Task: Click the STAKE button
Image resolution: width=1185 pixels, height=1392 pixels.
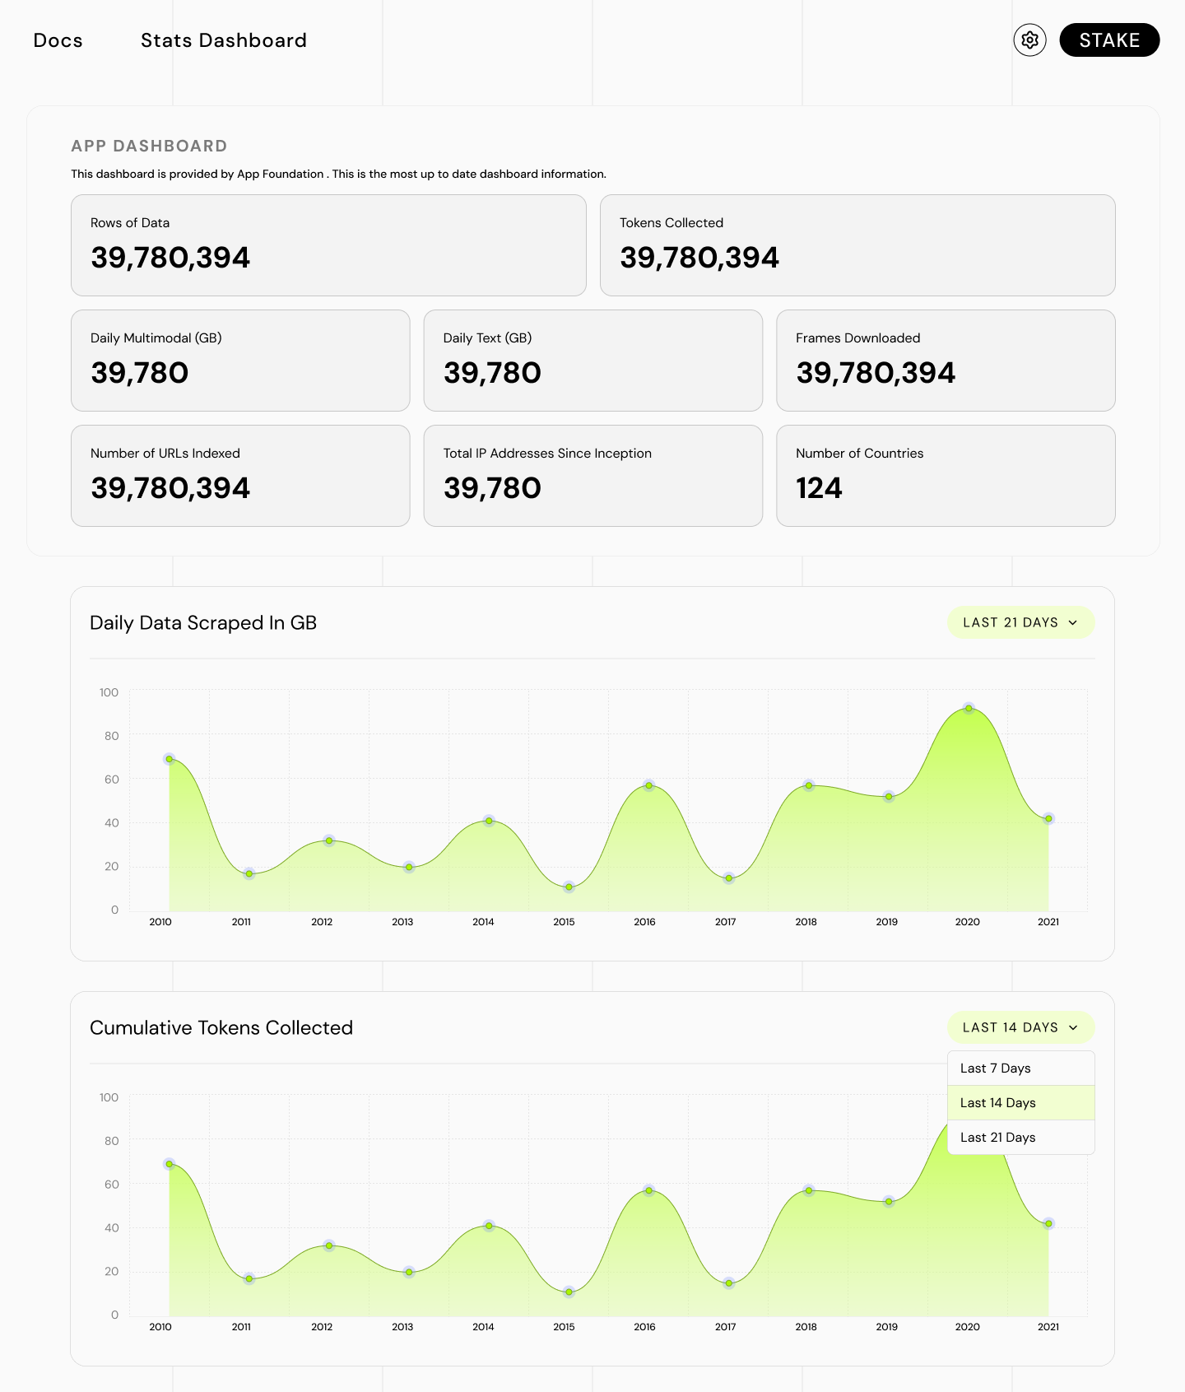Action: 1108,40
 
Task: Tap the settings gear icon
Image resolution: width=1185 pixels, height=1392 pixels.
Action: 1029,40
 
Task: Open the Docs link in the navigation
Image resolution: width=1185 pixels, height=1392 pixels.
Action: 58,40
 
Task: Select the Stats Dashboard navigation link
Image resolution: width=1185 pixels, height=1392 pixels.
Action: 223,40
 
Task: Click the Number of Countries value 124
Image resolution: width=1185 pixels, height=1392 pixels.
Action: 819,488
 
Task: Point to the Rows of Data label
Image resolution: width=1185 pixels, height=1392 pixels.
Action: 130,223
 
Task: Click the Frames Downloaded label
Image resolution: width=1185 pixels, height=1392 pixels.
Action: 857,338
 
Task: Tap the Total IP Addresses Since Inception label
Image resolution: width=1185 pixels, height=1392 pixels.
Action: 547,454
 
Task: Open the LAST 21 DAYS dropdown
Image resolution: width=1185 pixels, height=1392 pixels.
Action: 1020,622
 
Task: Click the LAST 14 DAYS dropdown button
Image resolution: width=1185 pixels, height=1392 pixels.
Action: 1020,1027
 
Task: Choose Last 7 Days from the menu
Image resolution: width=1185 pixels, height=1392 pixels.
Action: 996,1068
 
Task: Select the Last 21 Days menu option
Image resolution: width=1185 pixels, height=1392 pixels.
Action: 998,1138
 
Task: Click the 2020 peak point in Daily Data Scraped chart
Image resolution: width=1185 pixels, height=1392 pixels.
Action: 969,709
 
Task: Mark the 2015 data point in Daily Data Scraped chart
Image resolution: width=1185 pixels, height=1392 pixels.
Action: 569,887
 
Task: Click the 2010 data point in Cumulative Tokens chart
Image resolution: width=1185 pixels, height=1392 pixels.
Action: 170,1164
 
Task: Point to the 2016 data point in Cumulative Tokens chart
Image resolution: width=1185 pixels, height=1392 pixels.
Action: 648,1190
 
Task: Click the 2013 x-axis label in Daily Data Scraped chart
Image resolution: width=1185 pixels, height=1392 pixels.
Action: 402,922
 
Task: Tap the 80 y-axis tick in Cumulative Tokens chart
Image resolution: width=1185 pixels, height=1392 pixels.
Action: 111,1141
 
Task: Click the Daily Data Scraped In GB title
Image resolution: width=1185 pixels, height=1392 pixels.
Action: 203,623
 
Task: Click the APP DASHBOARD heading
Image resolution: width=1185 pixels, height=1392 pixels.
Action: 149,147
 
